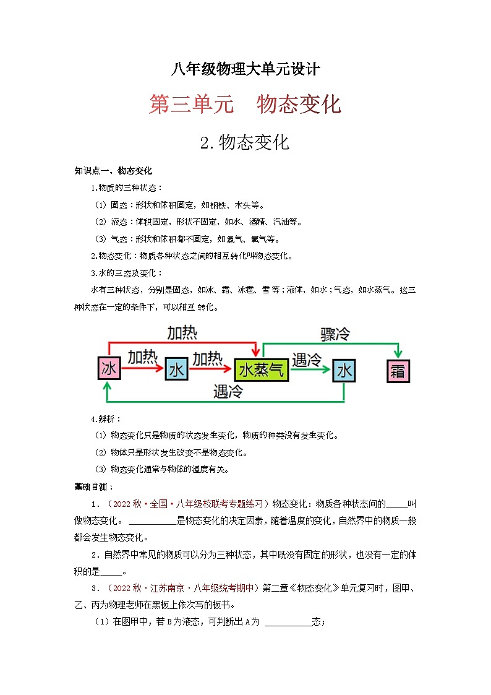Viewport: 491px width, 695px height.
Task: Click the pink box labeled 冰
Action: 109,369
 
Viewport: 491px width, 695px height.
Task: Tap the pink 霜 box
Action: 398,371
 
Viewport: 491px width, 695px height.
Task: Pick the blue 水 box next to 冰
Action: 176,370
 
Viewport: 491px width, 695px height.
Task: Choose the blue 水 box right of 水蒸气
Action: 344,371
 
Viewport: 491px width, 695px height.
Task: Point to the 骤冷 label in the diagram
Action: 335,334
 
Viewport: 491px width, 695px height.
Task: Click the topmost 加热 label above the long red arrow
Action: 182,333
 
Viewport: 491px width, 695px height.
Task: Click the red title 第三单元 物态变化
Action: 245,104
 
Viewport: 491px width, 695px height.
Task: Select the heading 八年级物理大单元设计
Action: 246,69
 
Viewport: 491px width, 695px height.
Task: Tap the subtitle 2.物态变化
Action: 245,142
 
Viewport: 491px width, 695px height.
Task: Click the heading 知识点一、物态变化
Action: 113,170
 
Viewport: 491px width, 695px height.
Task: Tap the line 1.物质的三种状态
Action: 127,188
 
